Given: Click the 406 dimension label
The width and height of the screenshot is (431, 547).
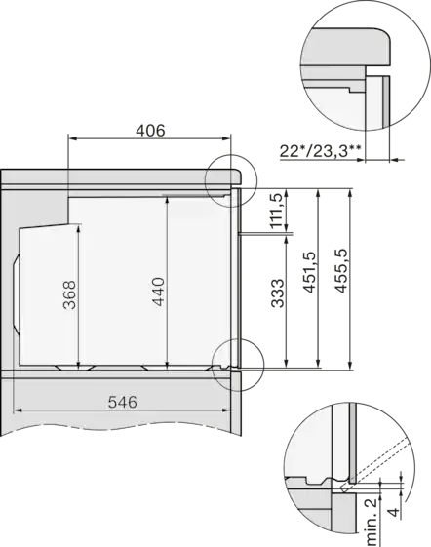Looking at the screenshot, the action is [x=150, y=130].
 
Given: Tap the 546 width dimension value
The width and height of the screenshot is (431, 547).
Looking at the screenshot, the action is [x=122, y=402].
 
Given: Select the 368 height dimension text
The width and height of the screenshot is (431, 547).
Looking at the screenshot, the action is [x=69, y=294].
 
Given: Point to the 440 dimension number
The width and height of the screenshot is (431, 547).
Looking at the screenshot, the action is [x=158, y=292].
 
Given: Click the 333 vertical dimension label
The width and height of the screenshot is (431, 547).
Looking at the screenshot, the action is [x=278, y=293].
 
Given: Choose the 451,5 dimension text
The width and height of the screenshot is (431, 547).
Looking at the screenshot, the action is [x=309, y=272].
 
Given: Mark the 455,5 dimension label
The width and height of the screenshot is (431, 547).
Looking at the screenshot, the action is [x=341, y=271].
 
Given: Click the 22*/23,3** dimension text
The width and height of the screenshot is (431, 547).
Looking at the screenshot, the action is [x=321, y=152].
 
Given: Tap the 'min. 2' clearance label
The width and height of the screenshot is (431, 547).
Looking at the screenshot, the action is [x=372, y=522].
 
